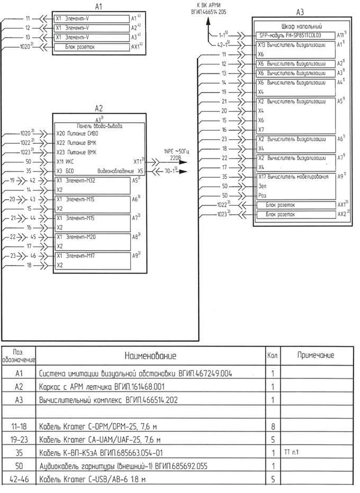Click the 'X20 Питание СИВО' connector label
tap(77, 134)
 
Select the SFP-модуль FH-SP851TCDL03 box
tap(294, 35)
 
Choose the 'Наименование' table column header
tap(150, 355)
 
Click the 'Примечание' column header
tap(315, 355)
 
